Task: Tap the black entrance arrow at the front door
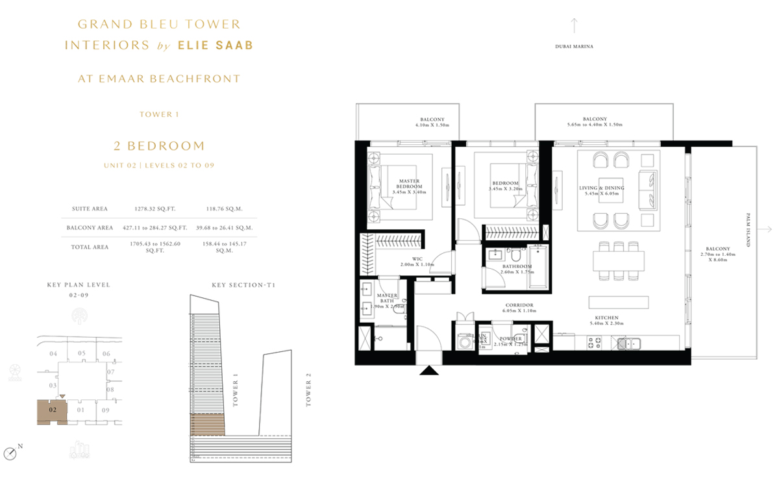(428, 371)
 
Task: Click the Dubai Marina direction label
(575, 47)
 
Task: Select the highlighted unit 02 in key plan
(53, 411)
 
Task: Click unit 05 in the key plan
(81, 354)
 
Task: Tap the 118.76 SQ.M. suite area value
(224, 209)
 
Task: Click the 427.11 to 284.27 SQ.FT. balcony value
(155, 228)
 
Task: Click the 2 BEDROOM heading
(159, 145)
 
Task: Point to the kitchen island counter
(618, 303)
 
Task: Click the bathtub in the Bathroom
(538, 266)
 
